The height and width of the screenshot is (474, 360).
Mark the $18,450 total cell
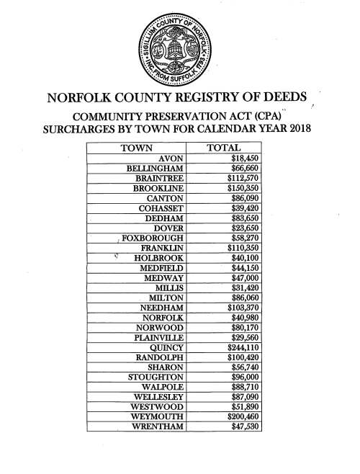coord(245,158)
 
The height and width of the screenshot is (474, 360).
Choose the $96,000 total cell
coord(245,376)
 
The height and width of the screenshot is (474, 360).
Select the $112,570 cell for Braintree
coord(243,178)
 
